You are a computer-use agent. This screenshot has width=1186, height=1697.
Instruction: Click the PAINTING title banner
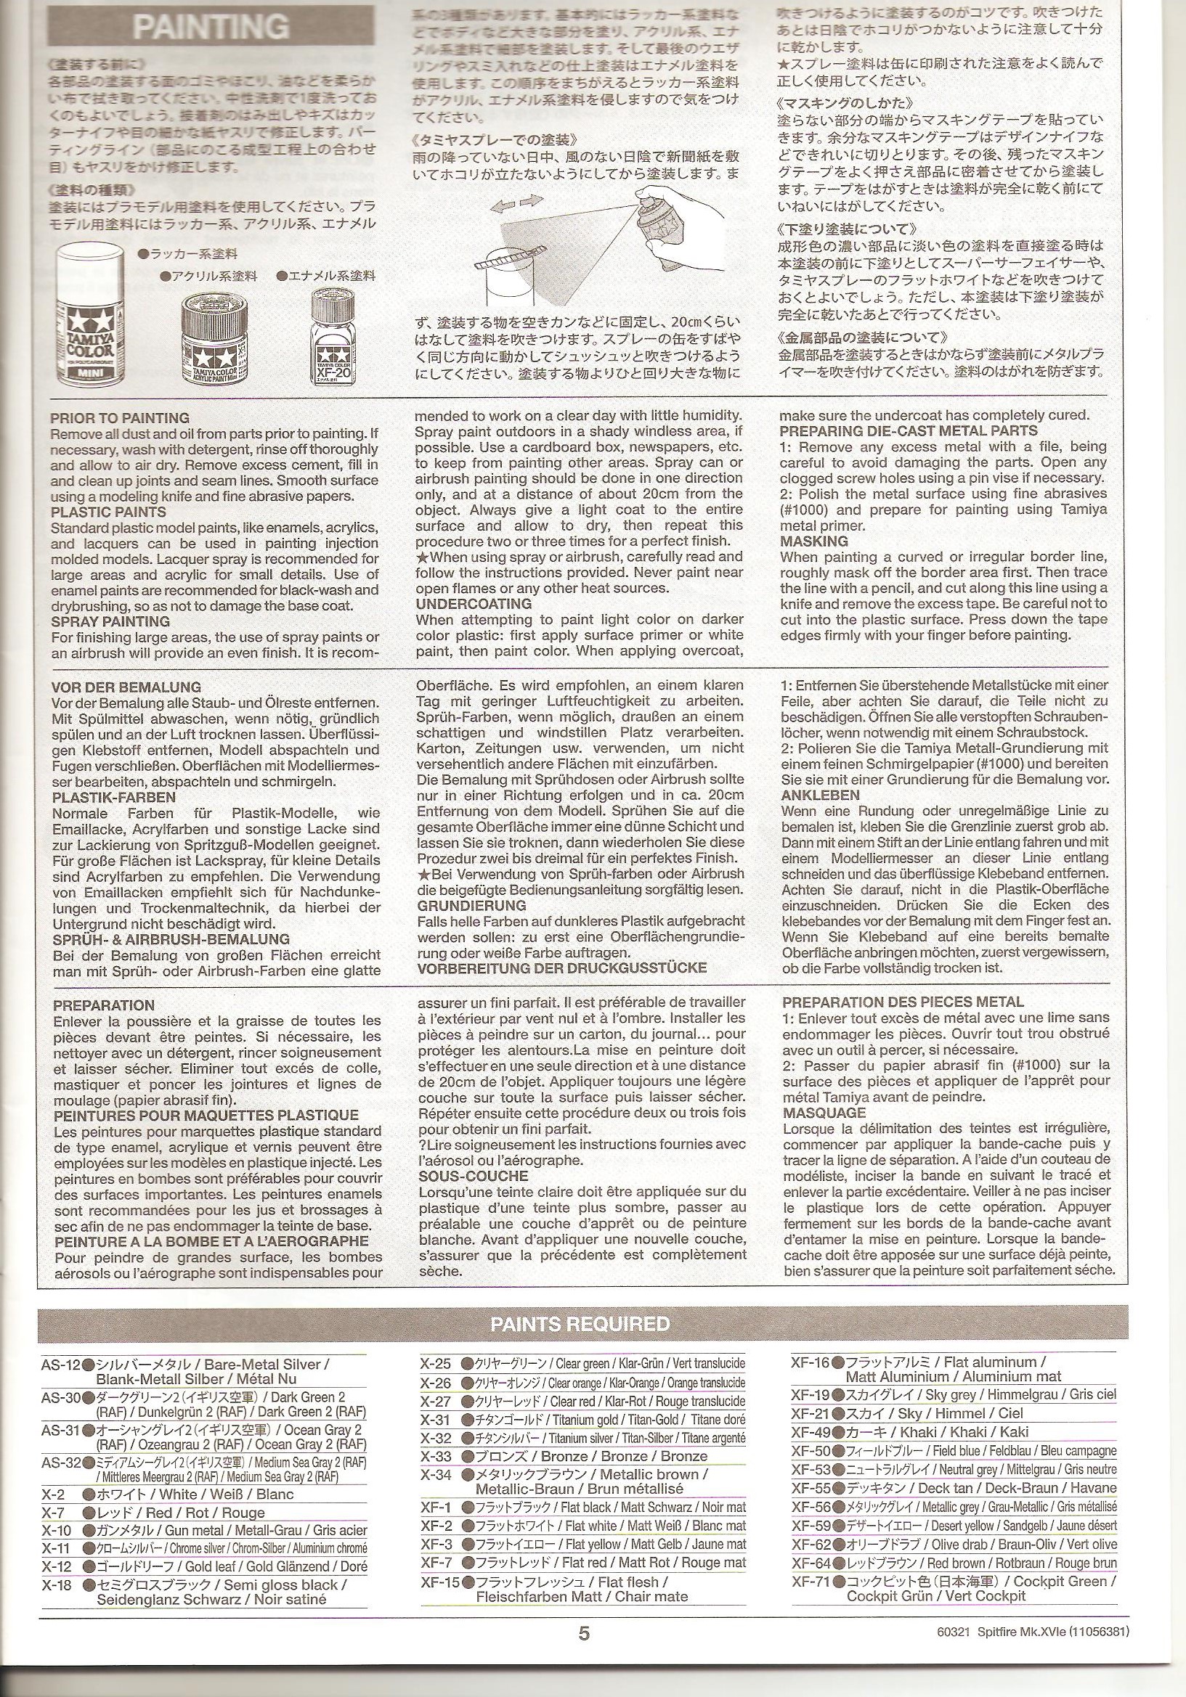coord(211,27)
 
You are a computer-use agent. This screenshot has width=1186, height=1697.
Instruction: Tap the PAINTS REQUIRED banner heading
coord(580,1324)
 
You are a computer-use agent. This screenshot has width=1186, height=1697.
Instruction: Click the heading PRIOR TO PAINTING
coord(120,418)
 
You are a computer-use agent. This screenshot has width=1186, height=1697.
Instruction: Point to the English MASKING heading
coord(813,541)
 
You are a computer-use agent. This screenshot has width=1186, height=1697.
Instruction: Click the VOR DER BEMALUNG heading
coord(126,687)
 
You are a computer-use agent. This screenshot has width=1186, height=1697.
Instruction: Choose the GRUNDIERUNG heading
coord(471,905)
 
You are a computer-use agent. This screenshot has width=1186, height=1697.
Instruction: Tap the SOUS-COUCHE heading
coord(474,1176)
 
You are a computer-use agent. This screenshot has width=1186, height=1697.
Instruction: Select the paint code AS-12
coord(60,1365)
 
